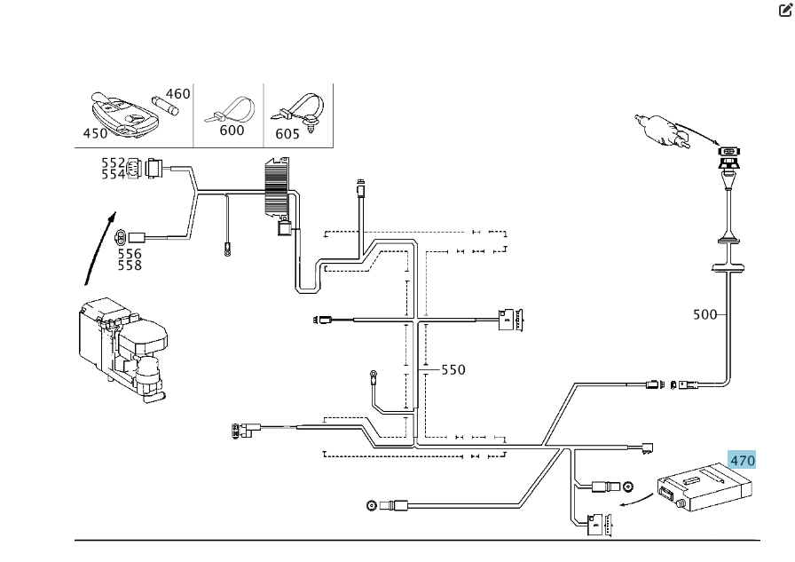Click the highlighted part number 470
click(x=743, y=461)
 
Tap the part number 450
click(x=95, y=133)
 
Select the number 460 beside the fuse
click(x=178, y=94)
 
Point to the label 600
click(x=232, y=131)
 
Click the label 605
click(x=287, y=134)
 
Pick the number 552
click(x=113, y=162)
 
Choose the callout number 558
click(x=130, y=265)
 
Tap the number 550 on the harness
click(x=453, y=369)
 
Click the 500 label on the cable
click(x=704, y=314)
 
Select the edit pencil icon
click(x=785, y=10)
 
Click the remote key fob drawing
click(x=124, y=115)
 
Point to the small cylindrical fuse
click(x=165, y=105)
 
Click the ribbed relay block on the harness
click(x=277, y=187)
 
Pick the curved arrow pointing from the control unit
click(x=637, y=501)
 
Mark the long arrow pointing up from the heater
click(x=100, y=249)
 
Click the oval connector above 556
click(x=121, y=237)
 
